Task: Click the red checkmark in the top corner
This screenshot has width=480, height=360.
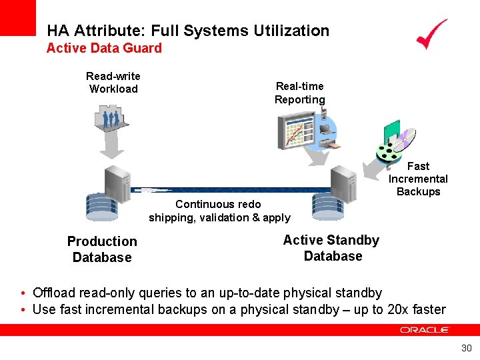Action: (x=431, y=34)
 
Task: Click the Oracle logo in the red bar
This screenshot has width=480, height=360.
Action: (x=425, y=330)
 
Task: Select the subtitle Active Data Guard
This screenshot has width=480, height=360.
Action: (x=104, y=48)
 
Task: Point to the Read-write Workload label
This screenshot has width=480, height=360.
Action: (x=113, y=83)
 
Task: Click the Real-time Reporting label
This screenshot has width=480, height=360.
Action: (x=300, y=93)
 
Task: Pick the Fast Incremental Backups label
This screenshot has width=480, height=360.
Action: (x=418, y=179)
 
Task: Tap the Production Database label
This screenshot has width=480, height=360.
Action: (x=102, y=249)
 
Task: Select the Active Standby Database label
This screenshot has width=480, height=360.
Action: (x=331, y=248)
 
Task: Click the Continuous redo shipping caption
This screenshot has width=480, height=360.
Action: (x=219, y=211)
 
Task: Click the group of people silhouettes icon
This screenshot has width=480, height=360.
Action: (x=111, y=120)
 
